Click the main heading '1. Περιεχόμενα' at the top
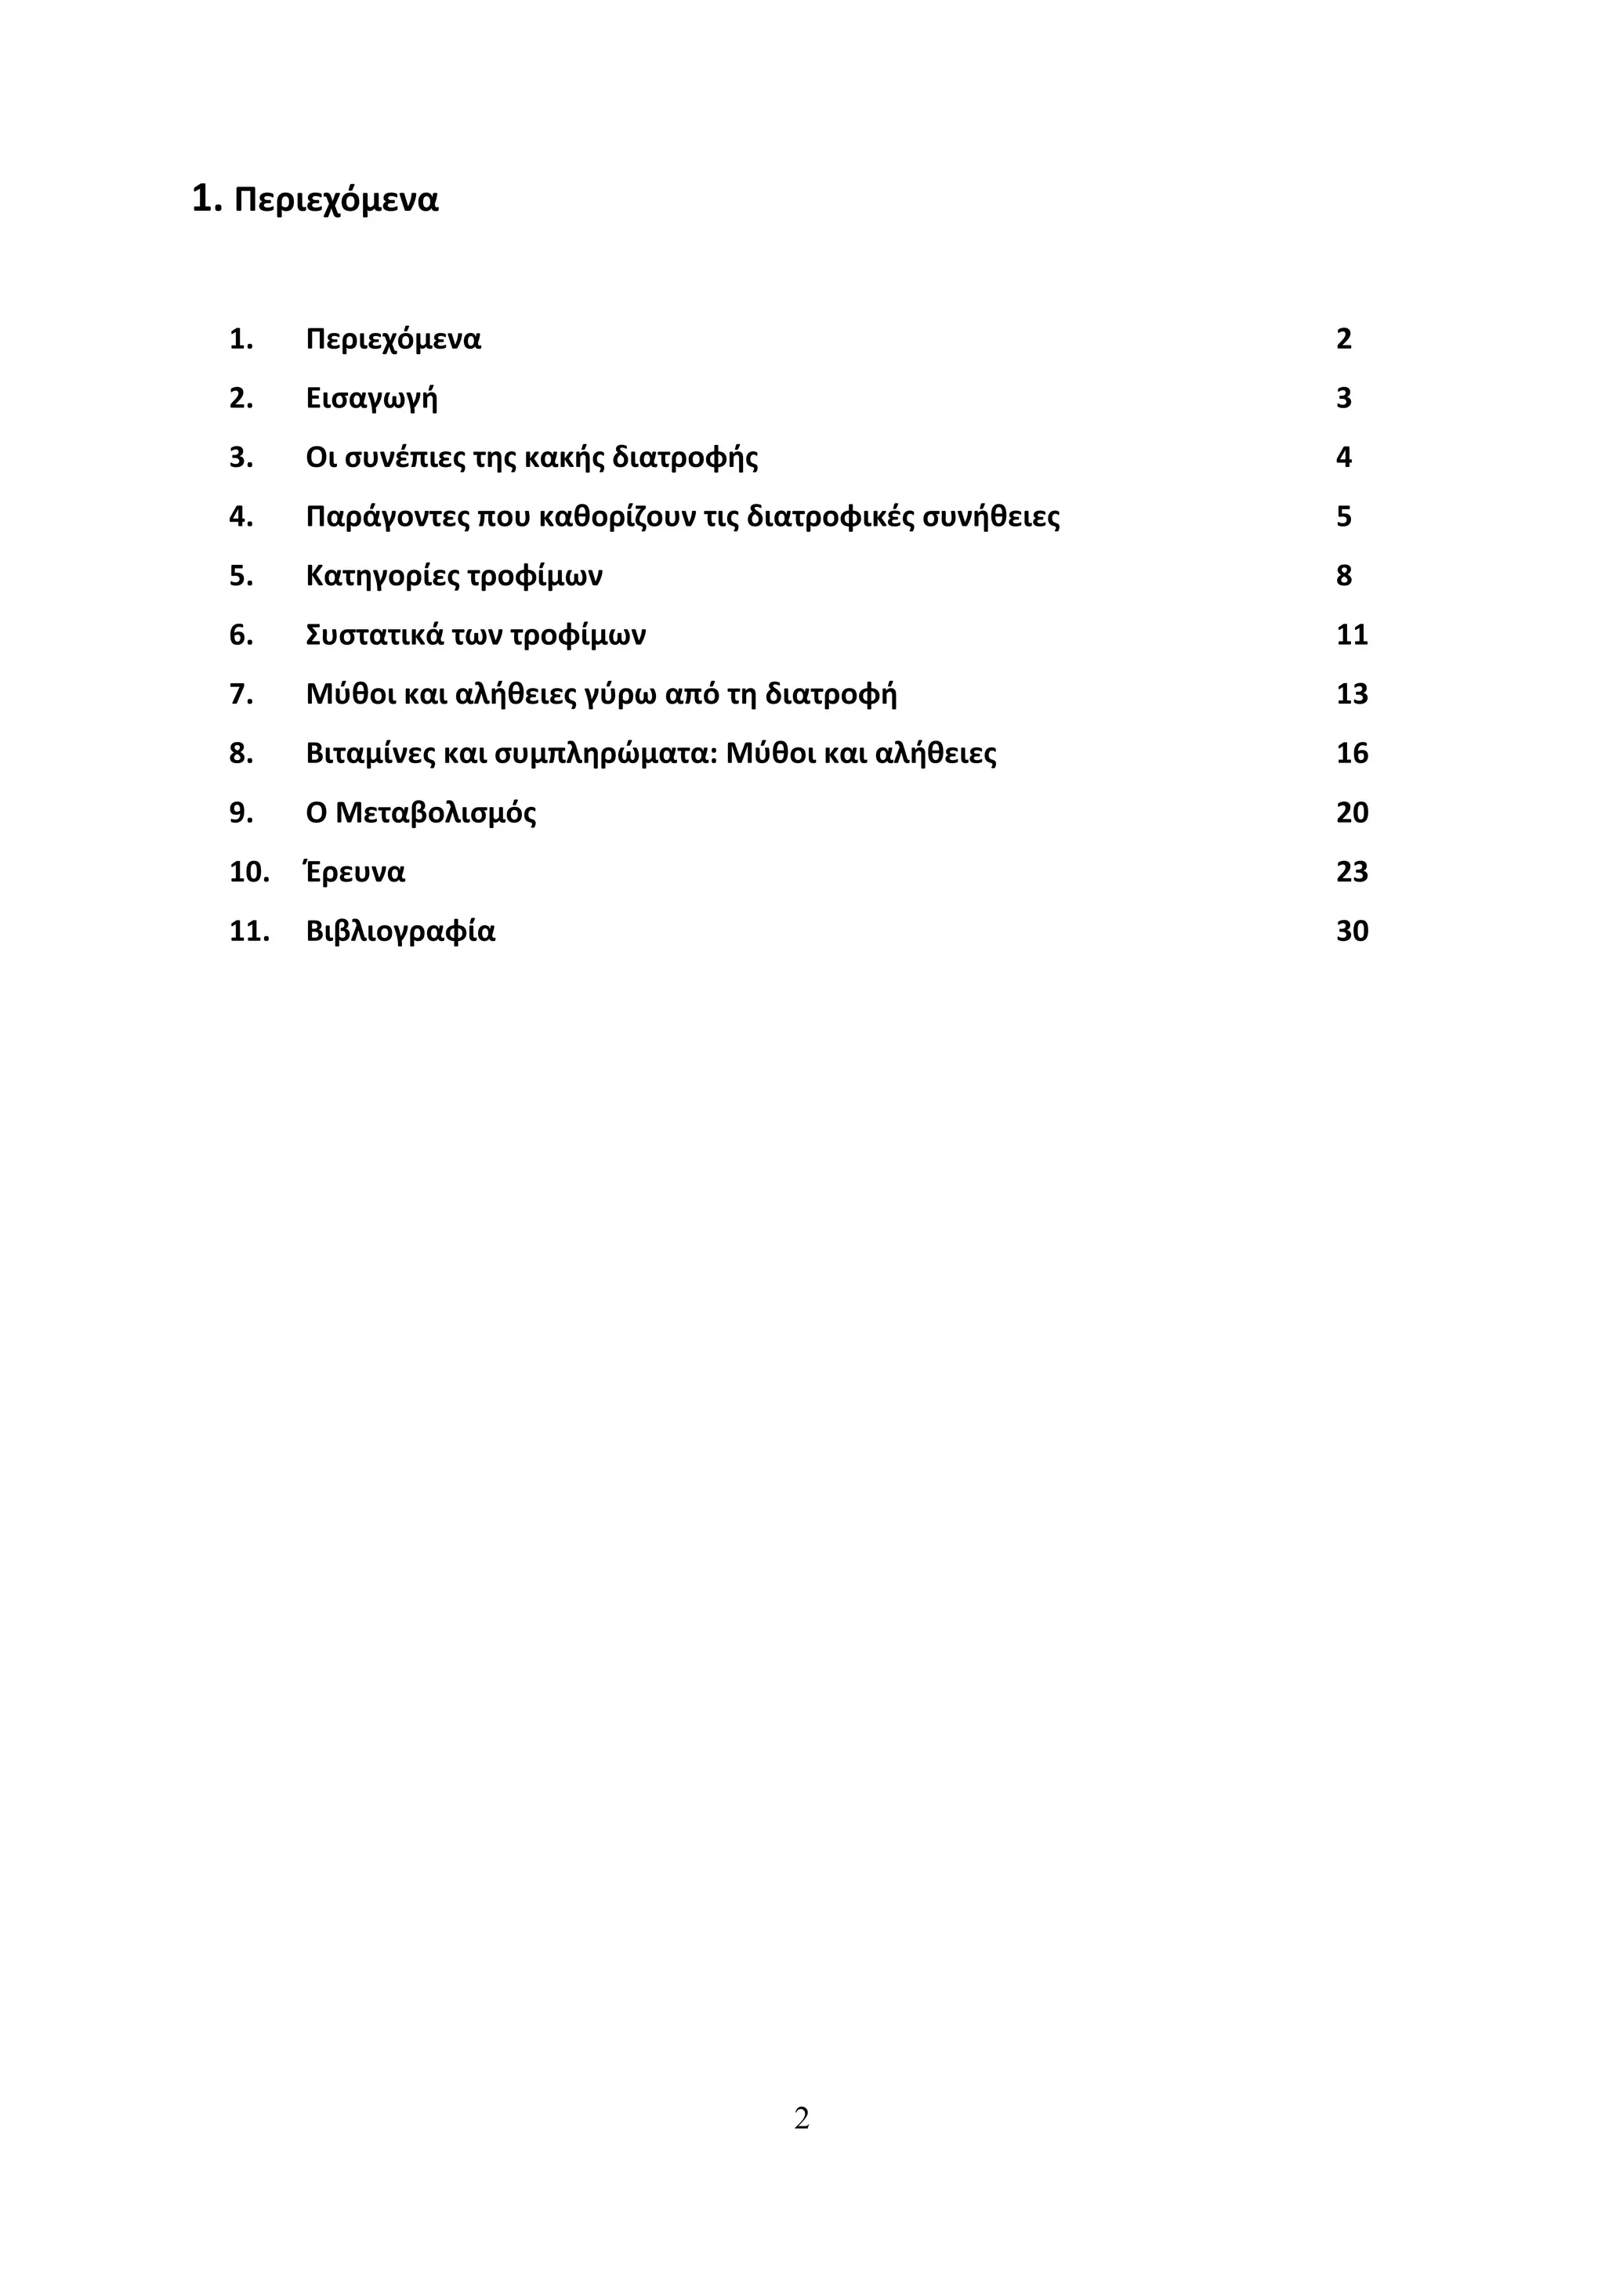(315, 200)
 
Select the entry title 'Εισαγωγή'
(371, 398)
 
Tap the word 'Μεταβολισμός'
(436, 813)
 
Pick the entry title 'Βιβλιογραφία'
(400, 932)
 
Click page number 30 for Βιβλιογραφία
(1352, 932)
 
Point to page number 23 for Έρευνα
(1352, 873)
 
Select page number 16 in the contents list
(1352, 754)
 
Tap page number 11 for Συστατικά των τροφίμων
(1352, 635)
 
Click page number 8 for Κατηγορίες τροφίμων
(1344, 576)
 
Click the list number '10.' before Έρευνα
(249, 873)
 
